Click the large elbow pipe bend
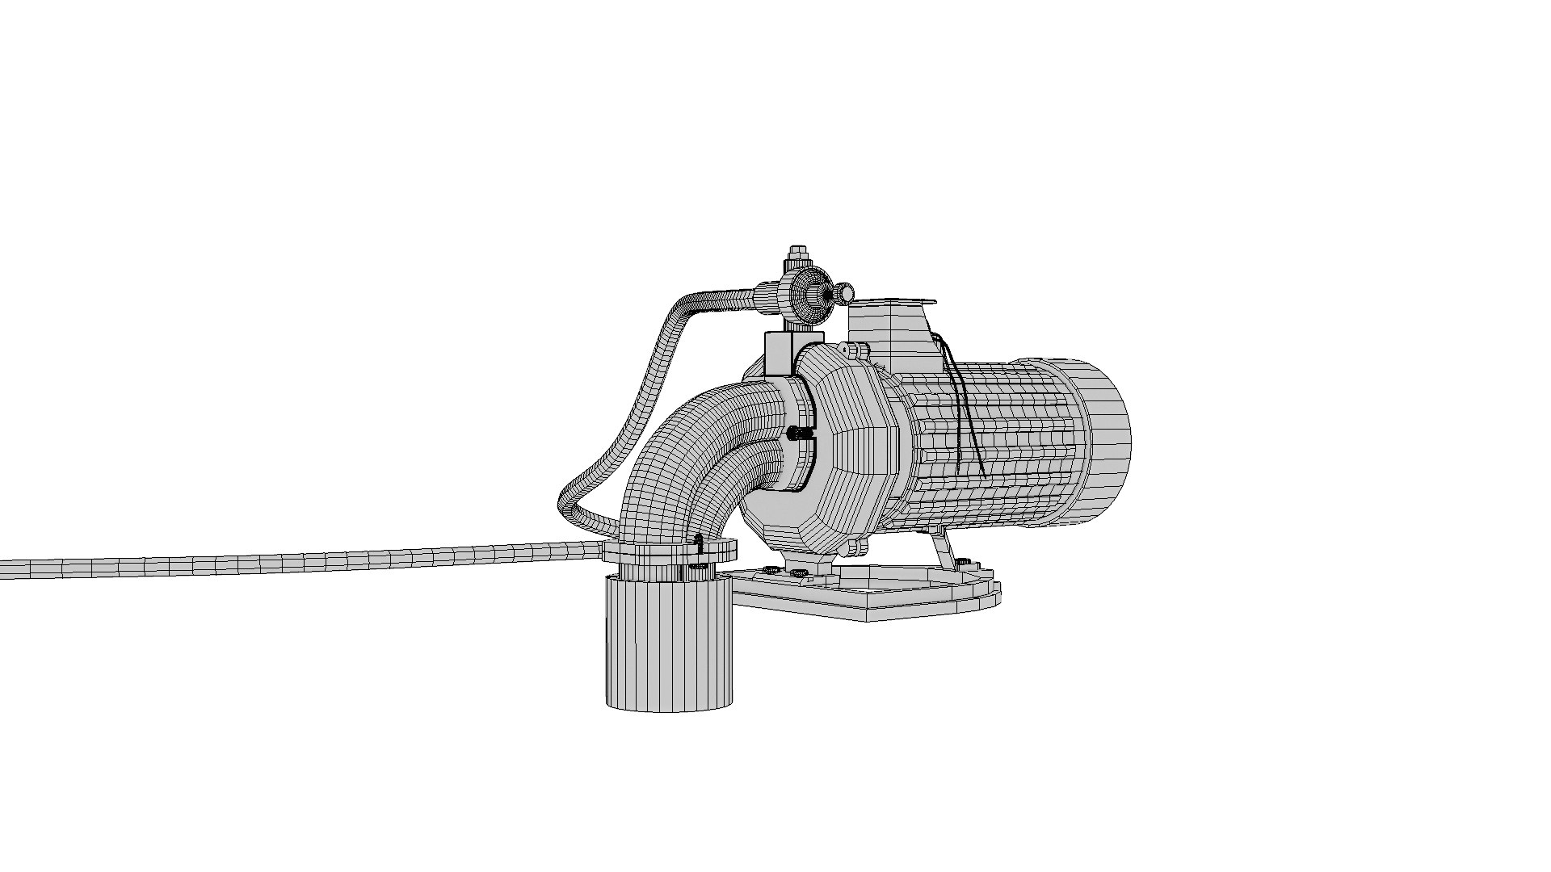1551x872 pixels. pos(695,452)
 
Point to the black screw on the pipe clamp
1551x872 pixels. pos(800,434)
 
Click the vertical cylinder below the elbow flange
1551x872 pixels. pos(670,646)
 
